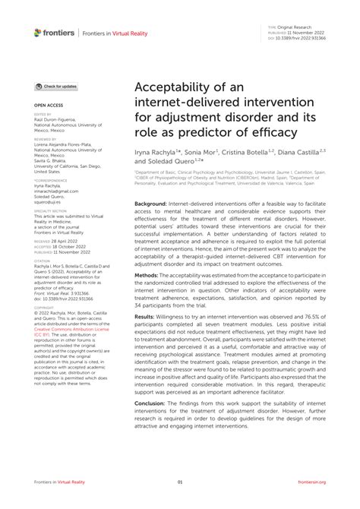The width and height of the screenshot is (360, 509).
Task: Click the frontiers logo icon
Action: [x=38, y=32]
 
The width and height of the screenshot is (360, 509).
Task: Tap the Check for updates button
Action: [x=56, y=87]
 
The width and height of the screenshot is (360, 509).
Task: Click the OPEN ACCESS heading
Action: [x=48, y=103]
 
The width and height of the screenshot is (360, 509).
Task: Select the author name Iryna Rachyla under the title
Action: [x=160, y=153]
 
